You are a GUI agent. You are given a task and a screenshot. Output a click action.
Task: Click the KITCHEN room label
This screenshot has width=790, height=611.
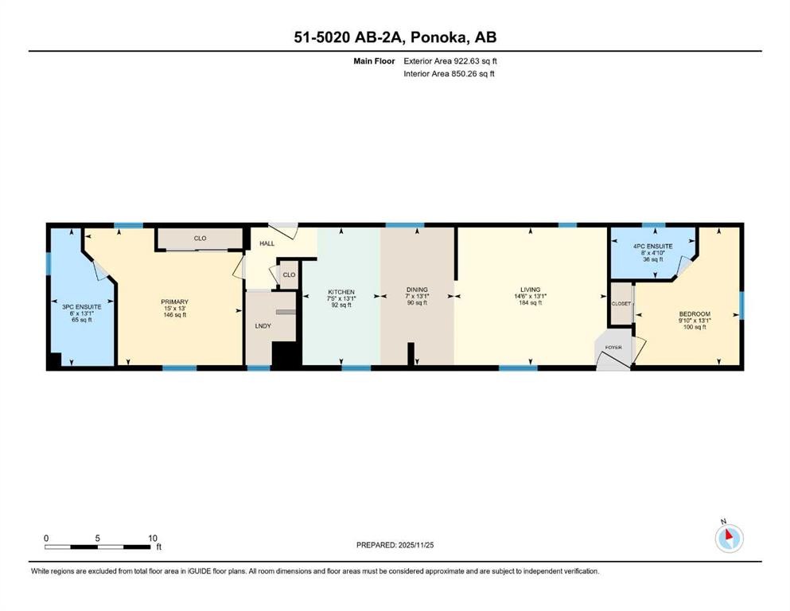[341, 291]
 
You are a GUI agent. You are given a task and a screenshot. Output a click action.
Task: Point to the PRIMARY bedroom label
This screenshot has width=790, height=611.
[174, 302]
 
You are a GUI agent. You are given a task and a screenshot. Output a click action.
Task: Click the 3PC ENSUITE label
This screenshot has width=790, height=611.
[81, 305]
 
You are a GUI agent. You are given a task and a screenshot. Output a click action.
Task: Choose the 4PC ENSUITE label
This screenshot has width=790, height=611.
[652, 247]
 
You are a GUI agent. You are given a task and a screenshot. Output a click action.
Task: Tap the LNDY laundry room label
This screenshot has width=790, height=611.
[262, 326]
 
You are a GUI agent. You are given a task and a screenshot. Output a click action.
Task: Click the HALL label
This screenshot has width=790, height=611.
[267, 243]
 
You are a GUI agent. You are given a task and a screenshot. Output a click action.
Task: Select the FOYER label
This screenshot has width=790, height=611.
[614, 348]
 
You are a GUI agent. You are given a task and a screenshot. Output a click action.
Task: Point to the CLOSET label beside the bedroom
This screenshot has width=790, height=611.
[621, 304]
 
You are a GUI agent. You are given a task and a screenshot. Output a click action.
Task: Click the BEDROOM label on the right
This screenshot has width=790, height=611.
[694, 313]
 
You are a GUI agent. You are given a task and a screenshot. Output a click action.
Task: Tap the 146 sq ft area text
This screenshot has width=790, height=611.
[174, 315]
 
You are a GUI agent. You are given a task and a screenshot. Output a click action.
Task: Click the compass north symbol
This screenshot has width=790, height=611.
[729, 539]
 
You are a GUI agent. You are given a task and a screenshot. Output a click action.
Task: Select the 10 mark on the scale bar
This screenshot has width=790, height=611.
[152, 538]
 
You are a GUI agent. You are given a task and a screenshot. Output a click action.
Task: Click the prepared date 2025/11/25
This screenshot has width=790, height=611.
[414, 545]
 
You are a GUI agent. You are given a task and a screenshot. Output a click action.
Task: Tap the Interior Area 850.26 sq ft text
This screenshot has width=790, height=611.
[449, 74]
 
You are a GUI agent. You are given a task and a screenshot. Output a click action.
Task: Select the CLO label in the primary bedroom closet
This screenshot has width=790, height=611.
[200, 238]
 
